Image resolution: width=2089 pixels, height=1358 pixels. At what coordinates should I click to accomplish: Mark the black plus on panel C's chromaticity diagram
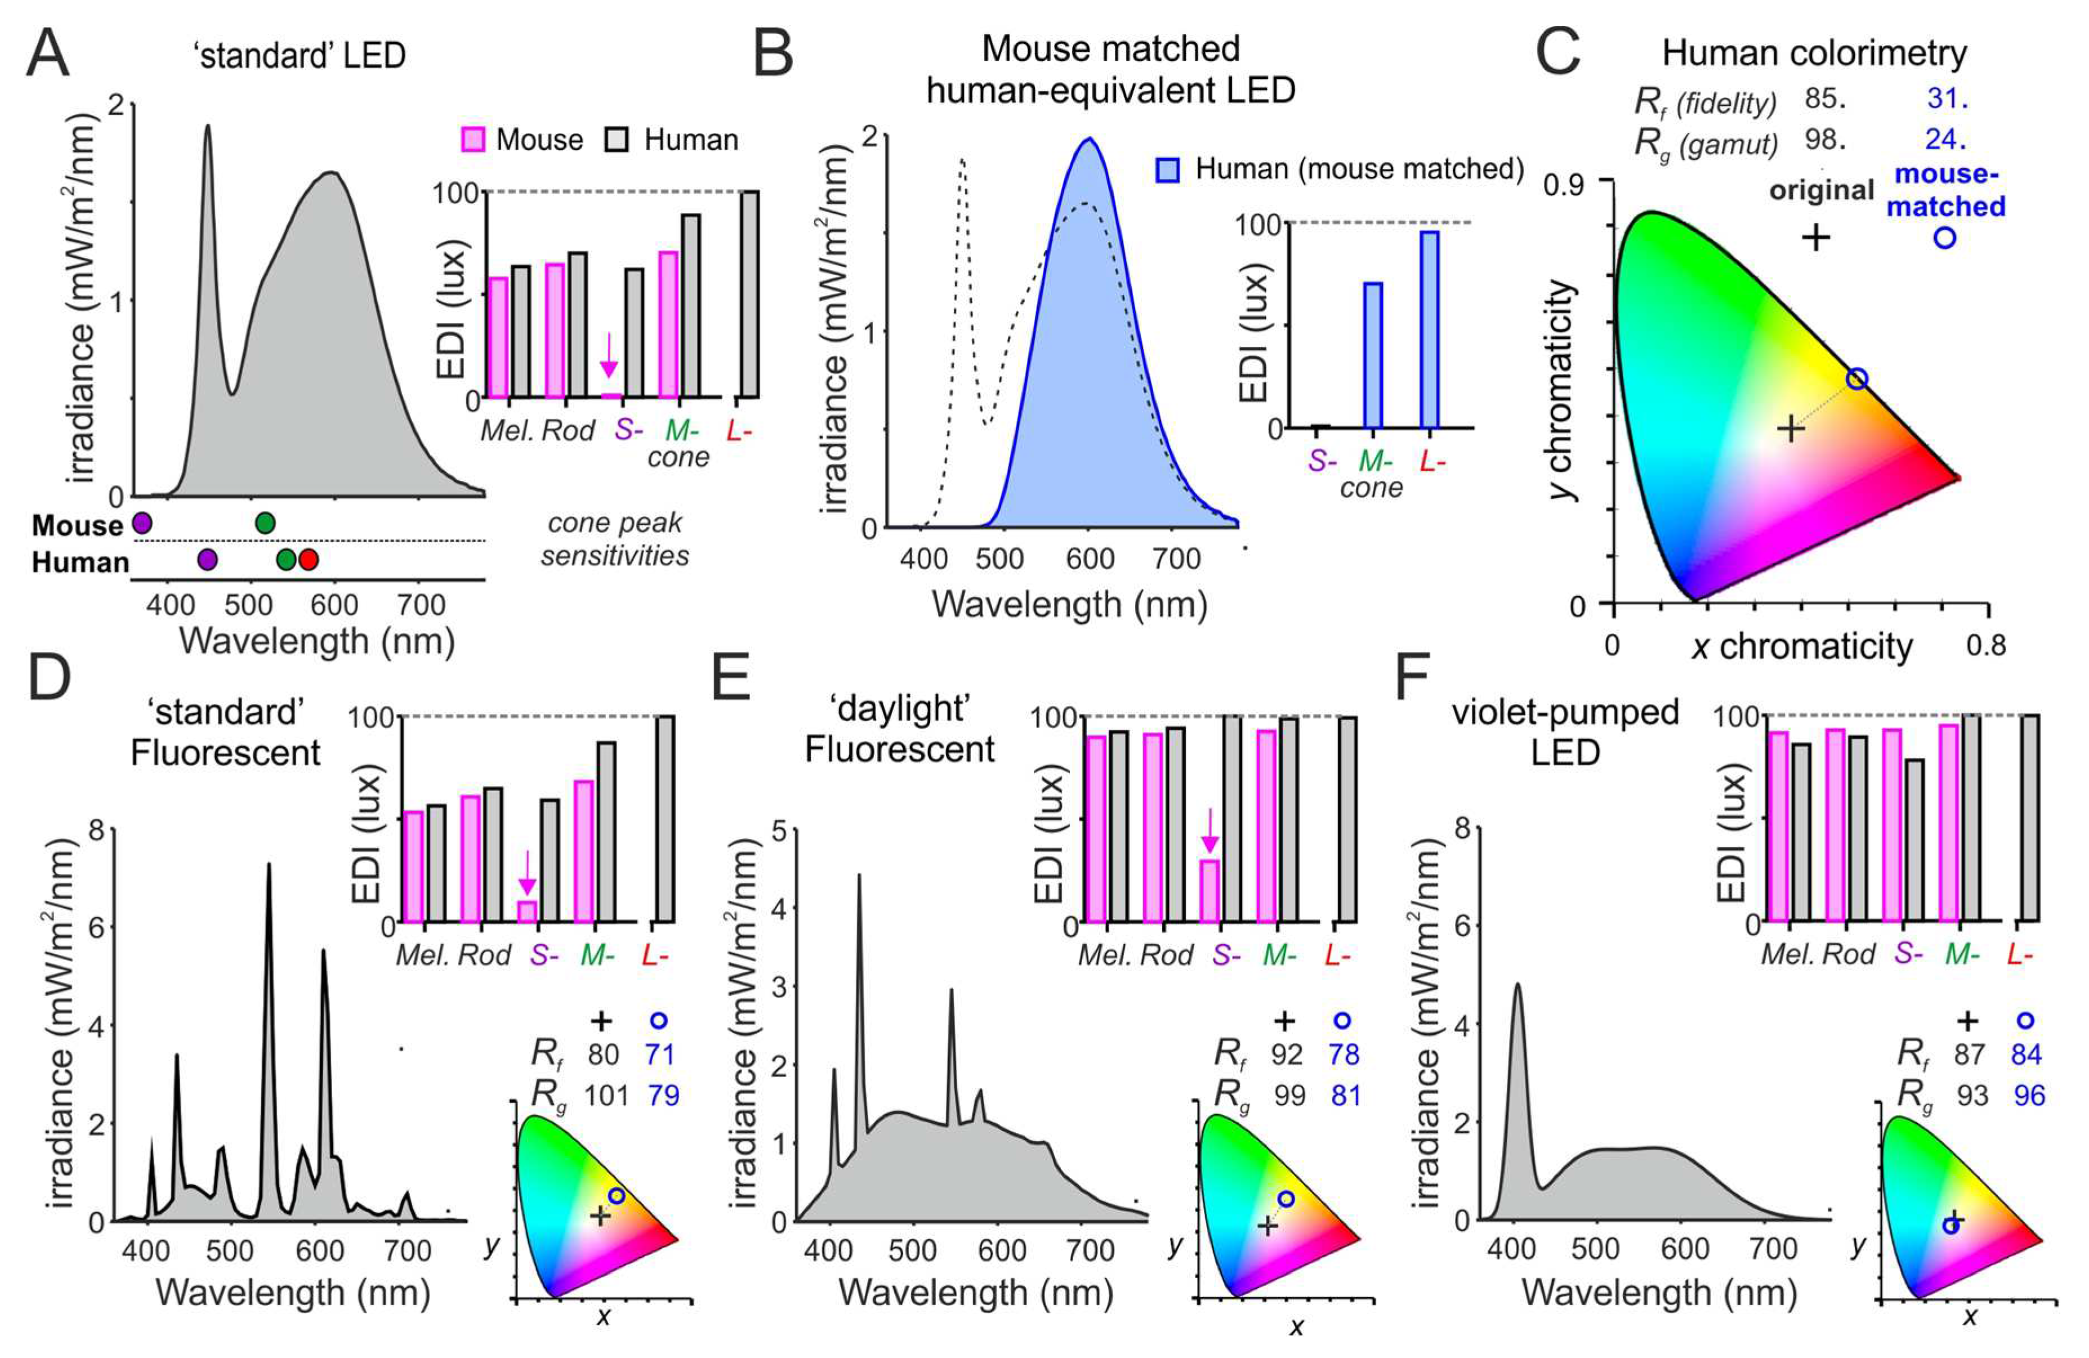(1791, 428)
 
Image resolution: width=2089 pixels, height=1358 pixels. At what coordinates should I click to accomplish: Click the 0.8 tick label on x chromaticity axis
(1985, 645)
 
